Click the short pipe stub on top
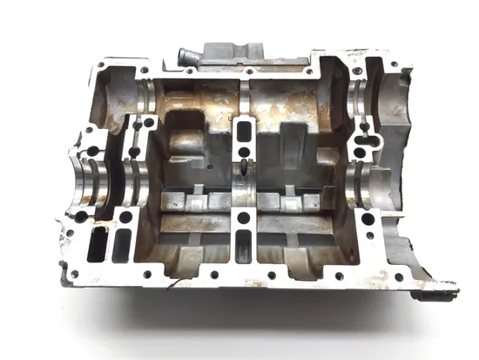tap(186, 58)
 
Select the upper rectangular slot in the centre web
tap(244, 132)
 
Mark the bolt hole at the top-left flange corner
tap(104, 65)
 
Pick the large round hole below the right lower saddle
tap(368, 219)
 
